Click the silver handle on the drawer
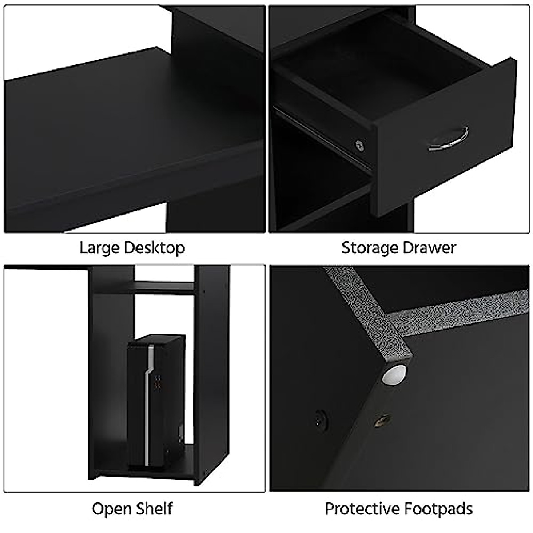tap(449, 140)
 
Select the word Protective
tap(360, 508)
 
